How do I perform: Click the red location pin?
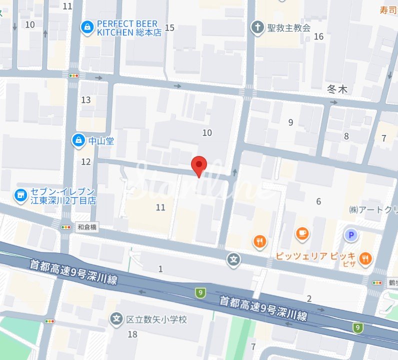pos(199,164)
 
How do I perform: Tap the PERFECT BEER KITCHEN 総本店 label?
pos(127,28)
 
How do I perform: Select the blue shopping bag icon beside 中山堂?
pos(78,140)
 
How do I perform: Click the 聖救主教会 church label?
pos(289,27)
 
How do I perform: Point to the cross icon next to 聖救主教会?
pos(257,27)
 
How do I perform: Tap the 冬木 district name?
pos(336,90)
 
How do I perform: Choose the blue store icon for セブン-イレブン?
pos(20,196)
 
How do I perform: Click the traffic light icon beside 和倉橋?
pos(66,226)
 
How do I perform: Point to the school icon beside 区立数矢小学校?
pos(116,318)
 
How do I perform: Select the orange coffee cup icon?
pos(302,232)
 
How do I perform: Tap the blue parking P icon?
pos(351,234)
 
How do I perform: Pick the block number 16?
pos(319,36)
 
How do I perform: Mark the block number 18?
pos(132,334)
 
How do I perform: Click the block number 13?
pos(86,100)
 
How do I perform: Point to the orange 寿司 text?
pos(389,9)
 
